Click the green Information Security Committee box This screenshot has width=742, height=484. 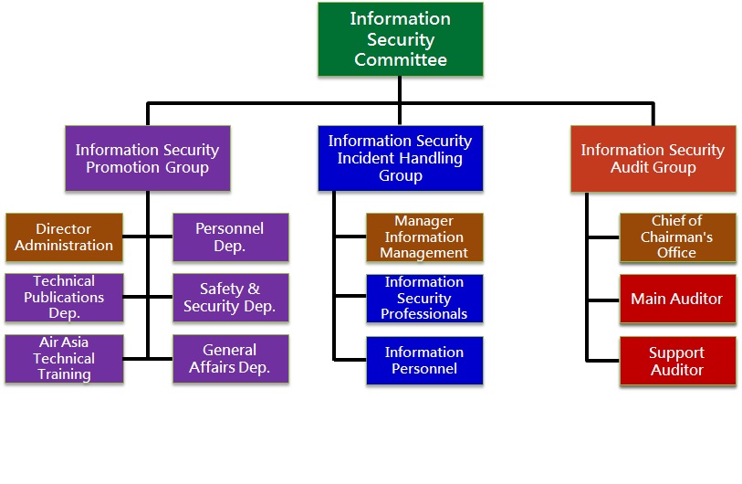(400, 39)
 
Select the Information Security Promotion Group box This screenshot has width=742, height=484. (147, 159)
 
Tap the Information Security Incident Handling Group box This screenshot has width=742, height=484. (400, 158)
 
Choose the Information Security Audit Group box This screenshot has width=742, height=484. (653, 159)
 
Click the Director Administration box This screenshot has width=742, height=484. (64, 237)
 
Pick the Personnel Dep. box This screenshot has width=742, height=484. (230, 237)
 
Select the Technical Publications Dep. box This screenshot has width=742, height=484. (64, 298)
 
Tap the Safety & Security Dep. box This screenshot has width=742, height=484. (230, 298)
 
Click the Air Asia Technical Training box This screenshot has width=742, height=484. (64, 358)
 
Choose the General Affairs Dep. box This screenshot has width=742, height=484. (230, 358)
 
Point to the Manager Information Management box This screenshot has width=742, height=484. (424, 237)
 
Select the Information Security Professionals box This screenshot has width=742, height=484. (424, 298)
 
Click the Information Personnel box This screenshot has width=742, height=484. (424, 360)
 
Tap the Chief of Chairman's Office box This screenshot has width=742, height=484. (677, 237)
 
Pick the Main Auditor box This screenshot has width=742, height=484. (677, 299)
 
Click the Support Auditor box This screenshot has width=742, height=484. (677, 361)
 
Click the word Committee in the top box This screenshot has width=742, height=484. (401, 60)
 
